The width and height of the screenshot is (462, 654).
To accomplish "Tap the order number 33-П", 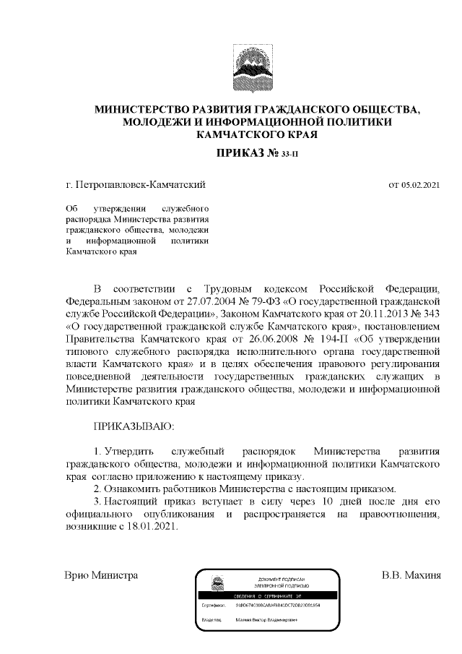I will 286,154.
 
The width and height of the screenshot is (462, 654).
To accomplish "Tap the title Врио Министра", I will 101,577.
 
